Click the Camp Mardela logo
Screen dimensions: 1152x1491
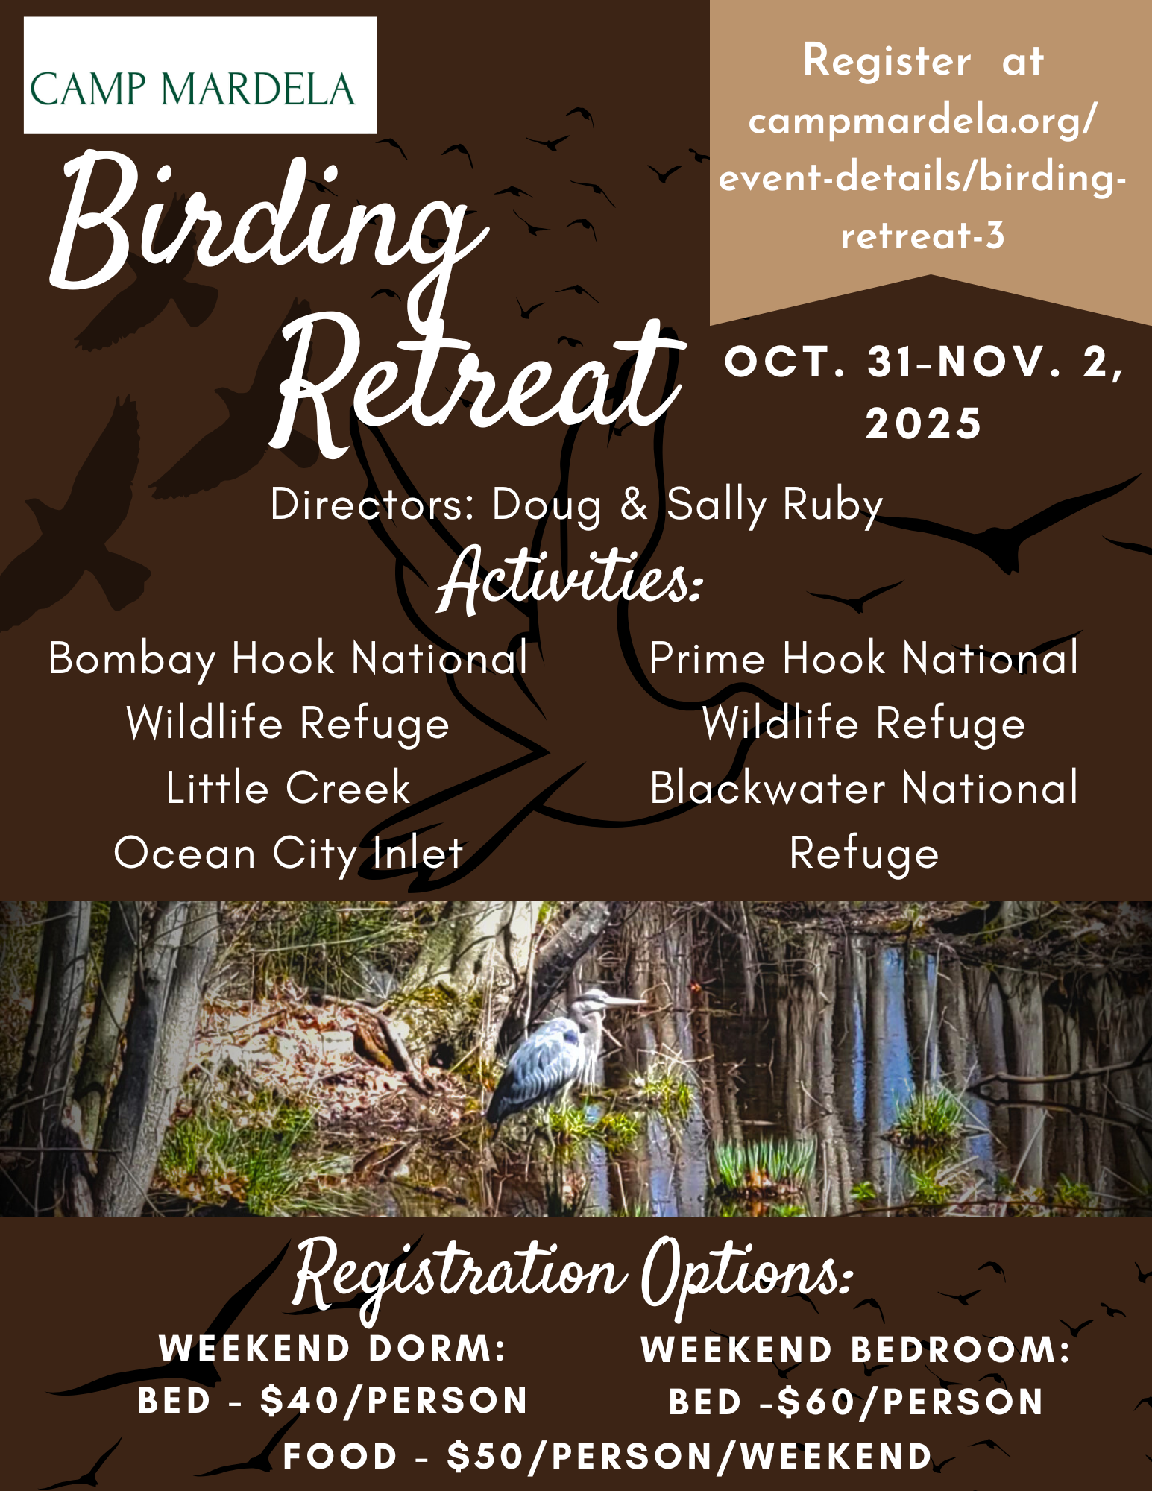tap(200, 75)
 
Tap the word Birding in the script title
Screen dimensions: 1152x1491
tap(268, 224)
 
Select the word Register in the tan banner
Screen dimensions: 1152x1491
tap(887, 62)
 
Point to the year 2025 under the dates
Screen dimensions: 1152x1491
tap(923, 423)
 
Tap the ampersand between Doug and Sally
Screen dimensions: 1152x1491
tap(634, 504)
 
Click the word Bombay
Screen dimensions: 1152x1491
tap(132, 660)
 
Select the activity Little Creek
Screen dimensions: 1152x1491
tap(288, 788)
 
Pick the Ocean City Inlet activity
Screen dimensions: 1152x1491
tap(289, 854)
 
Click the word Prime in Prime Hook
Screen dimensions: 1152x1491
tap(708, 658)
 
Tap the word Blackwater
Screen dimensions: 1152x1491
tap(767, 788)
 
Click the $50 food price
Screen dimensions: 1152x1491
tap(487, 1456)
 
